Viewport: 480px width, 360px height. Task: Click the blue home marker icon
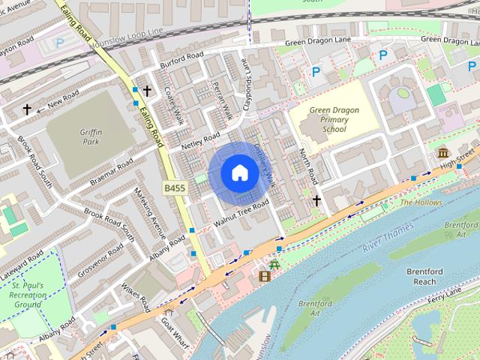(239, 173)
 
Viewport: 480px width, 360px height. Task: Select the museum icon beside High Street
(443, 153)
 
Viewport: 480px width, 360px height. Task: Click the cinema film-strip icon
(264, 277)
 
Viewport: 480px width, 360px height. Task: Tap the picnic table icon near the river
(274, 263)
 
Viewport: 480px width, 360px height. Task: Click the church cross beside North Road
(316, 200)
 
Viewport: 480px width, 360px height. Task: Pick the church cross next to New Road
(27, 109)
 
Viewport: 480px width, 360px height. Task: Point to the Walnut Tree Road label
(241, 214)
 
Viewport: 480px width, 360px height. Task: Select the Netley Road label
(200, 140)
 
